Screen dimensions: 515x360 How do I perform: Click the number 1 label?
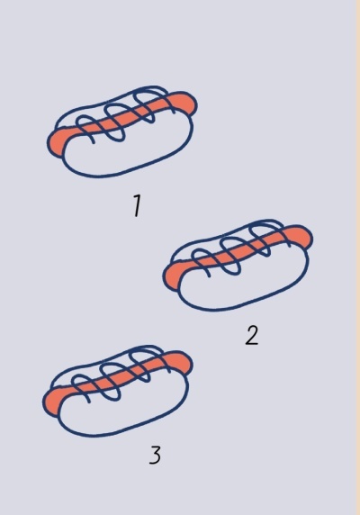click(x=137, y=206)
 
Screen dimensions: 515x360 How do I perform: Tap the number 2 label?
click(x=252, y=336)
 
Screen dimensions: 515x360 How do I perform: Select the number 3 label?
click(x=155, y=455)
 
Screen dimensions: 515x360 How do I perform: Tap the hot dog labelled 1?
click(x=122, y=133)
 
